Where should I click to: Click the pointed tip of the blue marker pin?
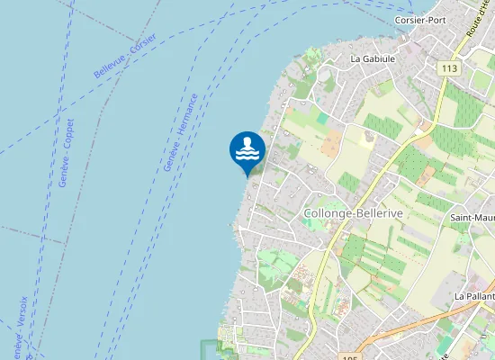click(x=247, y=176)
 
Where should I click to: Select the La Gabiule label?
click(x=373, y=58)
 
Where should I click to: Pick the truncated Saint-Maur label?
click(x=472, y=217)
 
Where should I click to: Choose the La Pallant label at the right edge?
click(x=474, y=295)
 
